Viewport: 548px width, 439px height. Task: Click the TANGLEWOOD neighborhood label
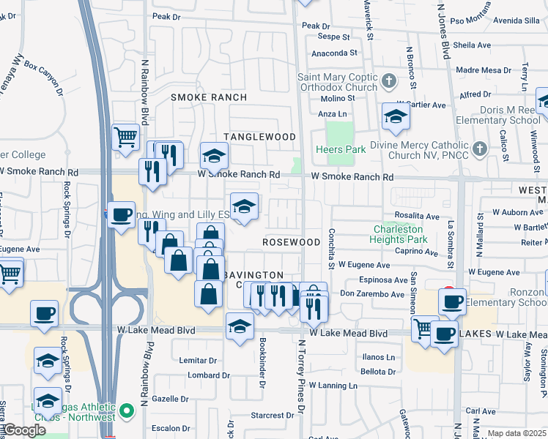point(259,137)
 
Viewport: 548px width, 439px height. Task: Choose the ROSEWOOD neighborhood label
point(292,241)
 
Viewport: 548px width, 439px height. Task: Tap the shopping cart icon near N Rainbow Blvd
point(126,136)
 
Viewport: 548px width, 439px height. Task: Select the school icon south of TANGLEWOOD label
point(214,155)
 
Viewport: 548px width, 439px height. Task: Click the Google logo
point(25,430)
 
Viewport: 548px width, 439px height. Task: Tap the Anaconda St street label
point(335,53)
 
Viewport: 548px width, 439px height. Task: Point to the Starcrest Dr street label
point(272,415)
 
